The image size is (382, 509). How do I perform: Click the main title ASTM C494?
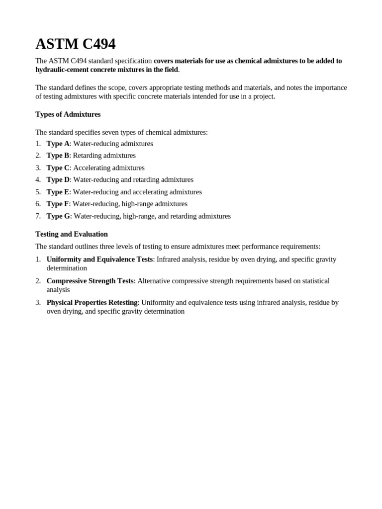pos(75,44)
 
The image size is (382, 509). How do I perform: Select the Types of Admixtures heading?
pos(68,114)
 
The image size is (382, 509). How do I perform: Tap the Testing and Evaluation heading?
pos(72,234)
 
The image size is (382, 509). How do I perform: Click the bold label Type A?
pos(58,144)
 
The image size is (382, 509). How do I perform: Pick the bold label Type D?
pos(58,180)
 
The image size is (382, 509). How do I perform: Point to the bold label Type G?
pos(58,216)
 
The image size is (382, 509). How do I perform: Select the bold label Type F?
pos(58,204)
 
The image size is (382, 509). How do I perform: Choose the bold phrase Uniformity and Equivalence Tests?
pos(99,259)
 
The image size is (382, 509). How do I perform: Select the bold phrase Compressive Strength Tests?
pos(90,281)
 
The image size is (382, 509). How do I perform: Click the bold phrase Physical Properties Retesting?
pos(92,303)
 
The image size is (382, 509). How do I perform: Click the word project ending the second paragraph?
pos(263,96)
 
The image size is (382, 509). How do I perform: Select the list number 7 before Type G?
pos(38,216)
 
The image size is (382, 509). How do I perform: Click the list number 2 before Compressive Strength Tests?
pos(38,281)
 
